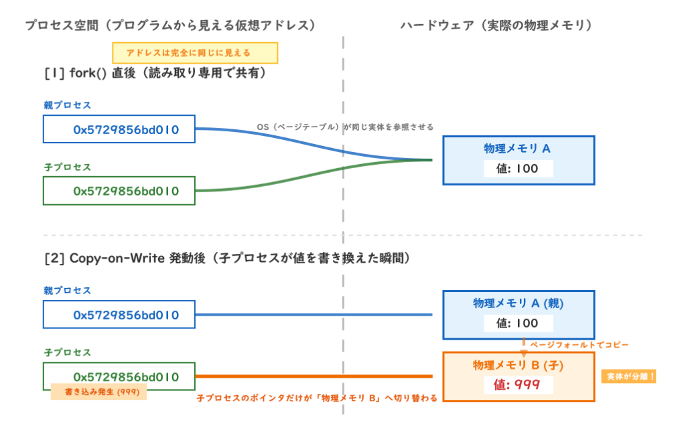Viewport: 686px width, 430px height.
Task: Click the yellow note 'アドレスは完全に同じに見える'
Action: (x=195, y=53)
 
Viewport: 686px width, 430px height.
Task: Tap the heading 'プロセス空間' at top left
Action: (x=62, y=25)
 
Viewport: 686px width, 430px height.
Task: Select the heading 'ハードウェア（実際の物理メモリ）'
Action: (x=496, y=25)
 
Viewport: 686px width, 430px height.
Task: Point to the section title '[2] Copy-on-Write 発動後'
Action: (x=125, y=258)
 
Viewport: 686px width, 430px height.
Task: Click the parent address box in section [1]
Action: (x=119, y=129)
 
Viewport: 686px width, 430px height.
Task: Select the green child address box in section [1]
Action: (x=119, y=191)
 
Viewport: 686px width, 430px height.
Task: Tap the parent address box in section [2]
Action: (x=119, y=315)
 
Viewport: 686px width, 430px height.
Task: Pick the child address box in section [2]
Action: (x=119, y=376)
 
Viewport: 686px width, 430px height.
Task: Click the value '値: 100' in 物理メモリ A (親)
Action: (x=518, y=324)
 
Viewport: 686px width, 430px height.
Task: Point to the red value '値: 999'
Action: (x=517, y=384)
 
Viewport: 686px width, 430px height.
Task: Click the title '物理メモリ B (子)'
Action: (x=518, y=365)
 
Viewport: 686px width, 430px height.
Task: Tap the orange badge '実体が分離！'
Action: (x=628, y=376)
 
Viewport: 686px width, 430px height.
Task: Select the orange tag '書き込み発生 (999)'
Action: (x=99, y=392)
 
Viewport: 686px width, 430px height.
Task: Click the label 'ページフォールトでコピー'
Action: (x=579, y=345)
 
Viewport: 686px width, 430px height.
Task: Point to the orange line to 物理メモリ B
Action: (x=314, y=376)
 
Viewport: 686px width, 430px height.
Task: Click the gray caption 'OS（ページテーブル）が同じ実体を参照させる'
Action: (x=345, y=127)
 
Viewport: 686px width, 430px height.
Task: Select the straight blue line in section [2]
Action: (x=314, y=315)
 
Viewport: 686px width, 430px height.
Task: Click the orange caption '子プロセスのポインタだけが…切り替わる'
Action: (x=317, y=398)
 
